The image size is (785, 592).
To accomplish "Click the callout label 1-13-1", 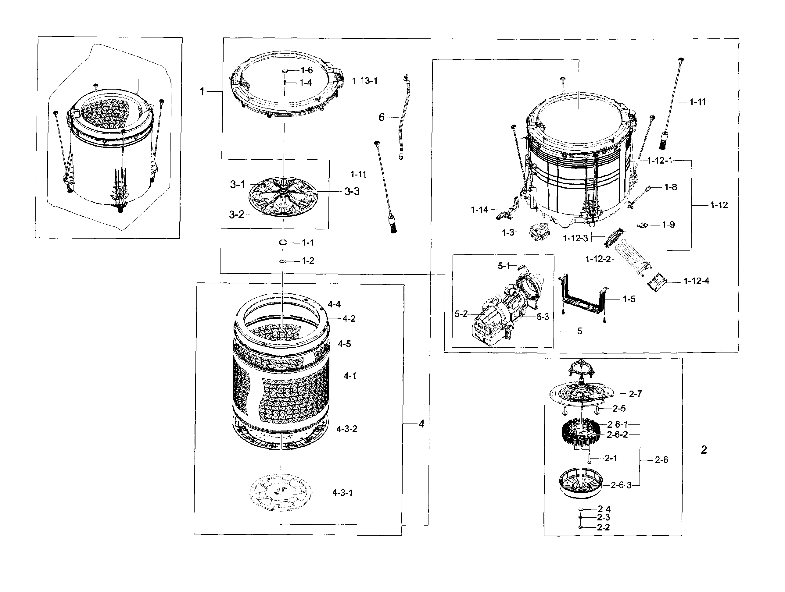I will (364, 81).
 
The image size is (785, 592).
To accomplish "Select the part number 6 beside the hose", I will (381, 117).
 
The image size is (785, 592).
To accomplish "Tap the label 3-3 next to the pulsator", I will (352, 191).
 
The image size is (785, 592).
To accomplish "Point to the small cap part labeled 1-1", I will (282, 243).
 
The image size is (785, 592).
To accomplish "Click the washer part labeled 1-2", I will (282, 261).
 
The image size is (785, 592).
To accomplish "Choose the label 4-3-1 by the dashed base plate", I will (342, 493).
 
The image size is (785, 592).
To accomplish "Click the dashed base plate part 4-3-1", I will (280, 492).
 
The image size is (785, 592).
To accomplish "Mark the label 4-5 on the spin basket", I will (344, 344).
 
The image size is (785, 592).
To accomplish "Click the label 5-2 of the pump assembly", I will (461, 314).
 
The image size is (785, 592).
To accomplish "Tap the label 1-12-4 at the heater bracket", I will (696, 281).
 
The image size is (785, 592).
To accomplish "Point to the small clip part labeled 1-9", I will (642, 225).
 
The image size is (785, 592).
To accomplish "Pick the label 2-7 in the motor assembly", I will (635, 394).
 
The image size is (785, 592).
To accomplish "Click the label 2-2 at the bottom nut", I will (603, 527).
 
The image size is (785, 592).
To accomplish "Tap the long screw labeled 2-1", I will (589, 458).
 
